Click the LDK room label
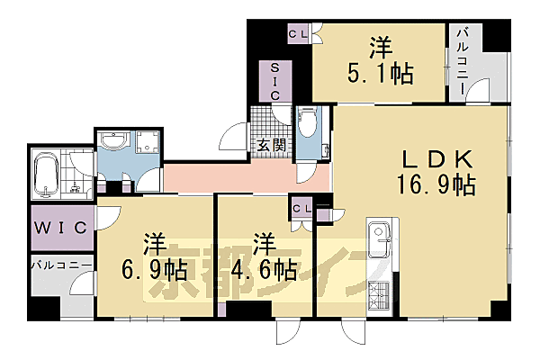tap(436, 159)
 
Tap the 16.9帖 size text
tap(438, 185)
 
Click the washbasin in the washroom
tap(114, 141)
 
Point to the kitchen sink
tap(380, 236)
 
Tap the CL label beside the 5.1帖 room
tap(299, 34)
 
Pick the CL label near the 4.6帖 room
tap(301, 209)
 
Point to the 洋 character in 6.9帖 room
tap(154, 243)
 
